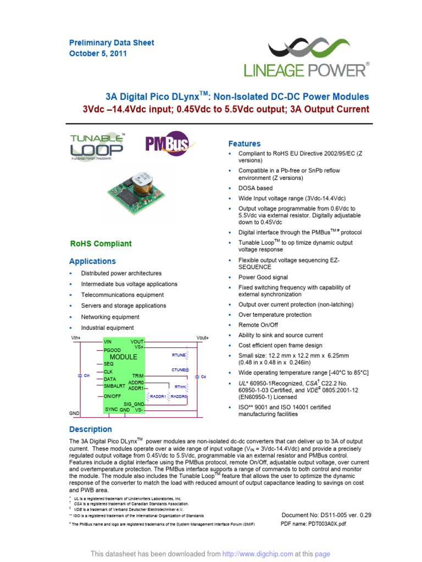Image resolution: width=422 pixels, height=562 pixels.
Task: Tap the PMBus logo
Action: point(165,144)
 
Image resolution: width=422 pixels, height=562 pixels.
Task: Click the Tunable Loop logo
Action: point(97,147)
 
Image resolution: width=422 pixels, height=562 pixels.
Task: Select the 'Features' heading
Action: point(245,144)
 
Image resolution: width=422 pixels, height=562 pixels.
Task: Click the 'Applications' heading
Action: point(92,261)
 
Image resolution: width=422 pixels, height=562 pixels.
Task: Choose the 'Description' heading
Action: point(91,429)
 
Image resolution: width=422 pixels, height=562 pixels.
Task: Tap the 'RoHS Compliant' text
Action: point(101,244)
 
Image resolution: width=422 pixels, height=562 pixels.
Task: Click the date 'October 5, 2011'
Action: point(98,54)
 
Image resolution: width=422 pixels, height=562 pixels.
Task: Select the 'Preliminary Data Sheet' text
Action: point(112,43)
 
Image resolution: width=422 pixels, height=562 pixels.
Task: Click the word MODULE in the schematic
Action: point(124,357)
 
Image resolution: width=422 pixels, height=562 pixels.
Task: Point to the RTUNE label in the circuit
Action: point(179,355)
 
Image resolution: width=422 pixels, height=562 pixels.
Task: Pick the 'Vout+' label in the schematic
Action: point(203,338)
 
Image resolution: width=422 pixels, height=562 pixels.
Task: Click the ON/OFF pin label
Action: point(112,396)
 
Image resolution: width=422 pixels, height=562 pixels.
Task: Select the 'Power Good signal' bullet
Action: point(263,277)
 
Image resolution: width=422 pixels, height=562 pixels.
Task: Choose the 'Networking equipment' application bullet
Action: point(110,317)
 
